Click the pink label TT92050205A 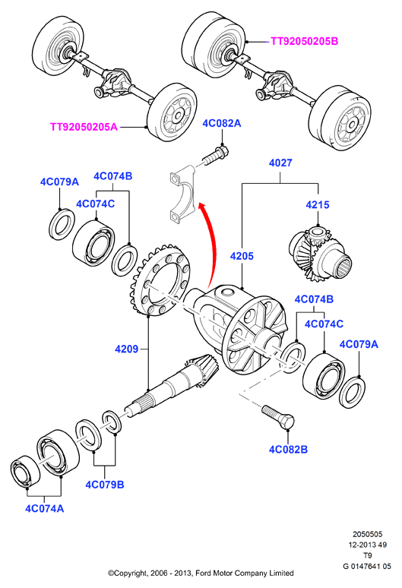coord(84,127)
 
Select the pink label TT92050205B coord(304,41)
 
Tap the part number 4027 coord(280,163)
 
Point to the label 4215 coord(317,205)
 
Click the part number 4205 coord(242,256)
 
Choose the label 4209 coord(126,349)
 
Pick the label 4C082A coord(222,123)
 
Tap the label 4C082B coord(288,449)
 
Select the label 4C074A coord(44,508)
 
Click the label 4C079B coord(105,485)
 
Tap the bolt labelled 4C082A coord(217,156)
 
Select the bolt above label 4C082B coord(279,417)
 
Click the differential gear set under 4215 coord(320,256)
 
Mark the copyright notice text coord(201,573)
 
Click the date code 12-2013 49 coord(367,545)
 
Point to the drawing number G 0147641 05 coord(367,566)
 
